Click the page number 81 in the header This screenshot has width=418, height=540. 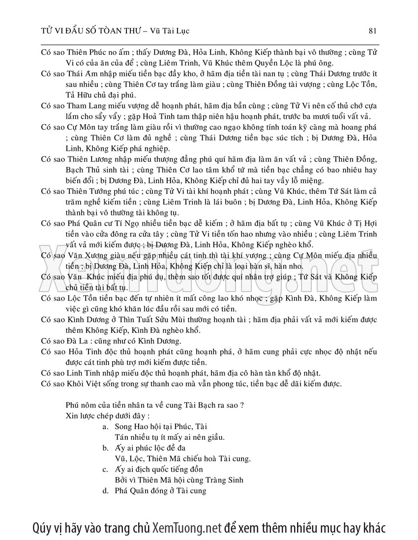point(372,31)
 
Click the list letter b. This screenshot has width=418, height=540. point(105,448)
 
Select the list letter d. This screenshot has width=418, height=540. point(105,490)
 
